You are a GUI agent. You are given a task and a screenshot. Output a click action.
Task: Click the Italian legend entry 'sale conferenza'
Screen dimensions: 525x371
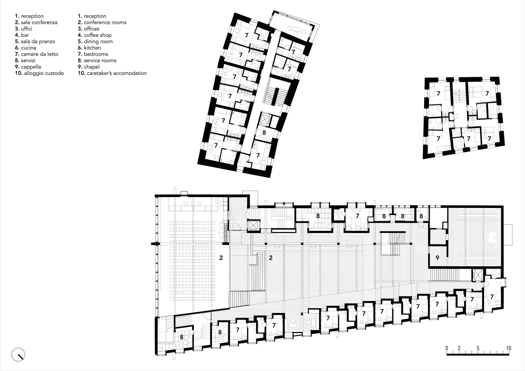[x=39, y=22]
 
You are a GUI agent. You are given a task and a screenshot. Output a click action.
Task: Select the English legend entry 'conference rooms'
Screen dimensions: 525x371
[x=105, y=22]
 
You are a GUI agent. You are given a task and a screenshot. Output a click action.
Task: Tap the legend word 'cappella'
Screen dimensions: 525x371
[x=31, y=67]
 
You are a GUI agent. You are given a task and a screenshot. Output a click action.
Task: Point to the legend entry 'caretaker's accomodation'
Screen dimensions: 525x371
[x=115, y=73]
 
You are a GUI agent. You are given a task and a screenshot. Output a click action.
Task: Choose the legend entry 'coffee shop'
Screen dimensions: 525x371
[x=98, y=35]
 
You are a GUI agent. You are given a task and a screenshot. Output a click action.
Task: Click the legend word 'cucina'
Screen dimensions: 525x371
[x=29, y=48]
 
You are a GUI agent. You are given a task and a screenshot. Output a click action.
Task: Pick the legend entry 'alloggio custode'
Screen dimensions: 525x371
[x=44, y=73]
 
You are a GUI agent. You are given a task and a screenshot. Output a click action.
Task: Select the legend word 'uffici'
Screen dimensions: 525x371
[x=27, y=29]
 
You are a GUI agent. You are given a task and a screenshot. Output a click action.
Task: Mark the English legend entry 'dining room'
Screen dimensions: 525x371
[x=98, y=41]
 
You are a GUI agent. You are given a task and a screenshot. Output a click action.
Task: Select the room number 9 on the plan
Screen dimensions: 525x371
[x=437, y=258]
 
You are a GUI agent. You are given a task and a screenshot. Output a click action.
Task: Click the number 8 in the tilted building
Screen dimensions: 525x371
[x=264, y=133]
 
